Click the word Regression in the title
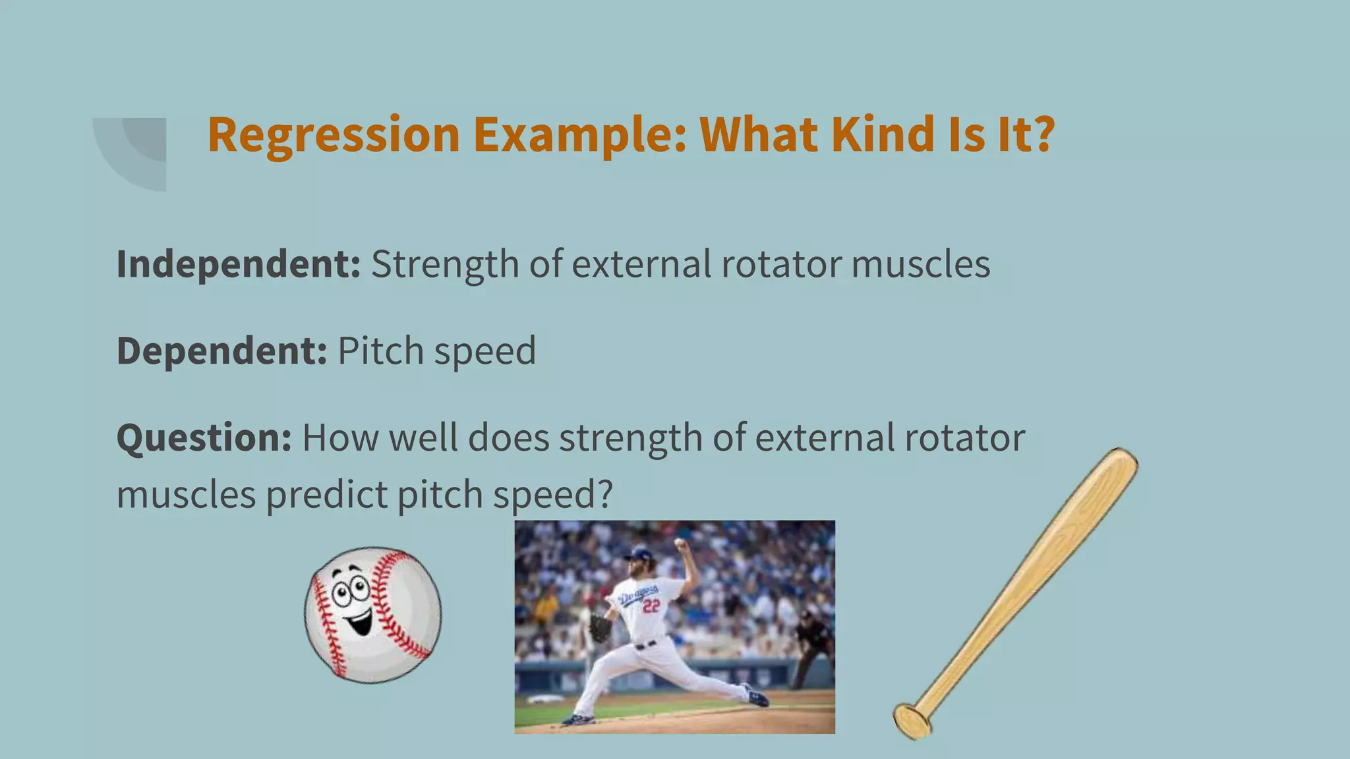334,135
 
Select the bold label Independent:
238,264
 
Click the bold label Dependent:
221,351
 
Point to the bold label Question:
204,437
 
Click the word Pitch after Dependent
380,351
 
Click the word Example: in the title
580,135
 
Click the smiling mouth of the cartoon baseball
359,621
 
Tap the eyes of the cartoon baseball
350,590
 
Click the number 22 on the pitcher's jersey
651,605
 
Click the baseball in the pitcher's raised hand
679,543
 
